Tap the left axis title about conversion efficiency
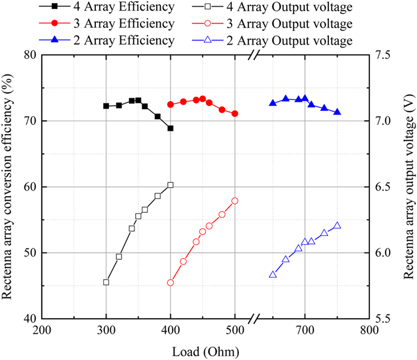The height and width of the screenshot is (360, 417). (x=9, y=186)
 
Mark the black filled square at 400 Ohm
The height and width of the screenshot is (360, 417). (x=170, y=128)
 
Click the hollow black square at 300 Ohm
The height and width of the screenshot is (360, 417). (x=106, y=282)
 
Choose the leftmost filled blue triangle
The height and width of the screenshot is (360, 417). (x=273, y=103)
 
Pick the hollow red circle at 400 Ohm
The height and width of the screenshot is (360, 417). (x=170, y=283)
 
